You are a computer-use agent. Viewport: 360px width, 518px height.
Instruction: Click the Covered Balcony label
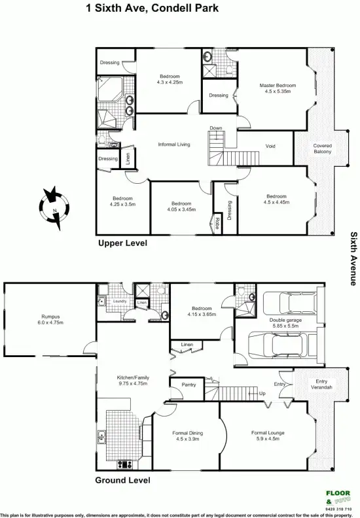tap(322, 148)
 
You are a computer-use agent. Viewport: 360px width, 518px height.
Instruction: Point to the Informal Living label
tap(174, 144)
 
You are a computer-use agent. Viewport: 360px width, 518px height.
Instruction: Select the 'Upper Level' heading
tap(122, 243)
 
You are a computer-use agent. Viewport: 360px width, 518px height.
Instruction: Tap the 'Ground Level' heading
tap(122, 480)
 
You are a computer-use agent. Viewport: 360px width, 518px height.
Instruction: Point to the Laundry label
tap(118, 302)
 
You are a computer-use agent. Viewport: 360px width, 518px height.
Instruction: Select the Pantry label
tap(189, 385)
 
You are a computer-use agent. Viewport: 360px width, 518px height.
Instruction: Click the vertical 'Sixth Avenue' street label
tap(353, 258)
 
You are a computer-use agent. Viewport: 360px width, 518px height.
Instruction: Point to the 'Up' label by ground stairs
tap(262, 394)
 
